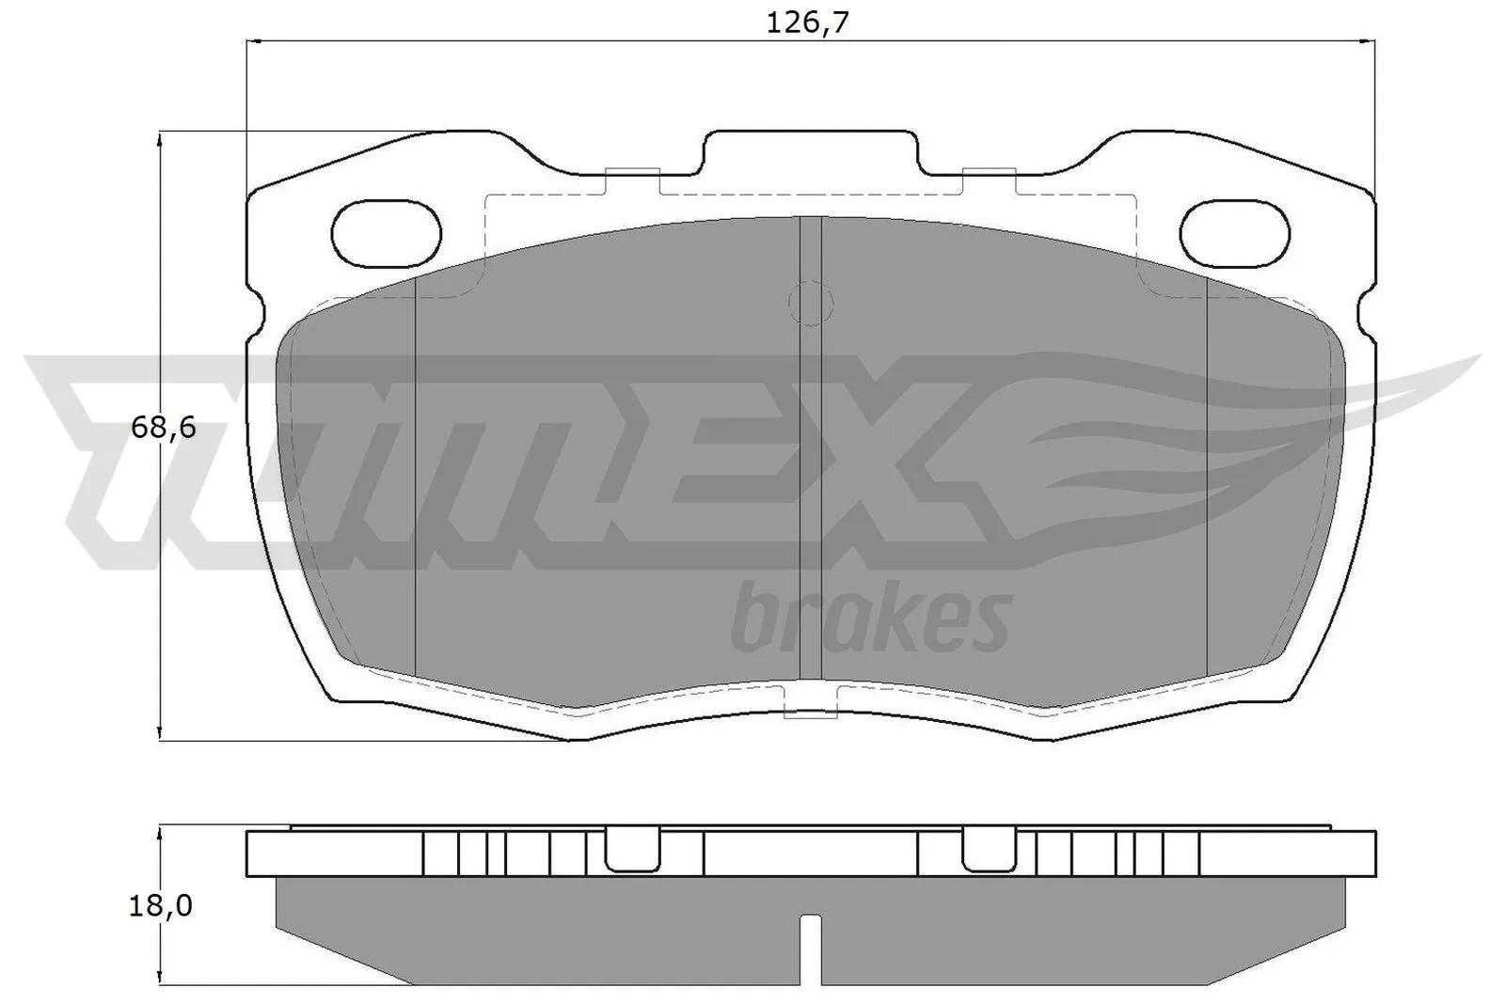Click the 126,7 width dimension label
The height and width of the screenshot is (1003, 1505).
(807, 23)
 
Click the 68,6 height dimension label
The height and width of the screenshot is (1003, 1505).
(163, 428)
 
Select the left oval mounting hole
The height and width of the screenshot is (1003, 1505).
(387, 232)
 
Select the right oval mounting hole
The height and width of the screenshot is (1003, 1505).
(1233, 232)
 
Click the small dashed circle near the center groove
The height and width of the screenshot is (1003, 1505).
(810, 304)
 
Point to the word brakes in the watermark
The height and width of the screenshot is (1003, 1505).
(870, 621)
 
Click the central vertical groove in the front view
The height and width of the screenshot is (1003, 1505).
(810, 451)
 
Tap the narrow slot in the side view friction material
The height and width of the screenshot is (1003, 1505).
(810, 949)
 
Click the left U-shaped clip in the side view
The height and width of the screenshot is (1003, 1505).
(630, 851)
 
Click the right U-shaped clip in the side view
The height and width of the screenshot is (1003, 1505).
(990, 851)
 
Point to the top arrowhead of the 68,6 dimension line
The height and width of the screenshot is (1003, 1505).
(162, 139)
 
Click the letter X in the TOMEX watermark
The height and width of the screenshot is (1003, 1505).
(903, 461)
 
